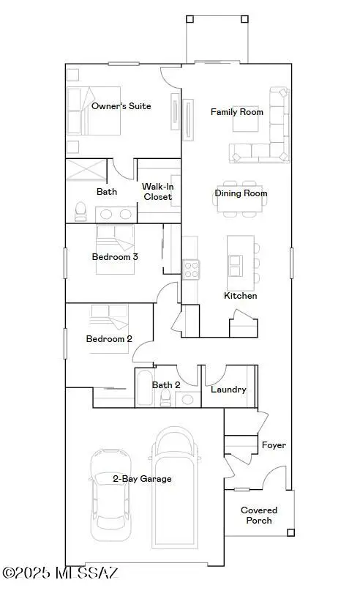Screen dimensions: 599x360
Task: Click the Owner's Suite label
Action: [121, 106]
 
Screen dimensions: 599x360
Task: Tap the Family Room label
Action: [236, 112]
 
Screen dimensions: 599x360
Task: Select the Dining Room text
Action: [241, 193]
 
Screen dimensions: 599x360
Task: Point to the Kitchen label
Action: [240, 296]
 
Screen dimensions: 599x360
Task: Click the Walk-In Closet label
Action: [157, 192]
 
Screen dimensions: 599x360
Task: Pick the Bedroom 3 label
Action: [115, 257]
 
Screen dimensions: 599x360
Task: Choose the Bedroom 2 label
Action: [109, 338]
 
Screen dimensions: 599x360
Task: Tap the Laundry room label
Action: [228, 390]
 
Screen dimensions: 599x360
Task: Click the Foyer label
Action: [274, 445]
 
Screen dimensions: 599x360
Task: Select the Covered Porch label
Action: [259, 516]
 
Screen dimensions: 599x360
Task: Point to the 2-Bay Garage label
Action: [142, 479]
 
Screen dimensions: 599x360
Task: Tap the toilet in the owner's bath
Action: [80, 212]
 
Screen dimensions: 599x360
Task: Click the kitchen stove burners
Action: [191, 269]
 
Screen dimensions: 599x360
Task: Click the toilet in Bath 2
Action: [166, 397]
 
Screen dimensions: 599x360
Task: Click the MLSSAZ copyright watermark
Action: [60, 572]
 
